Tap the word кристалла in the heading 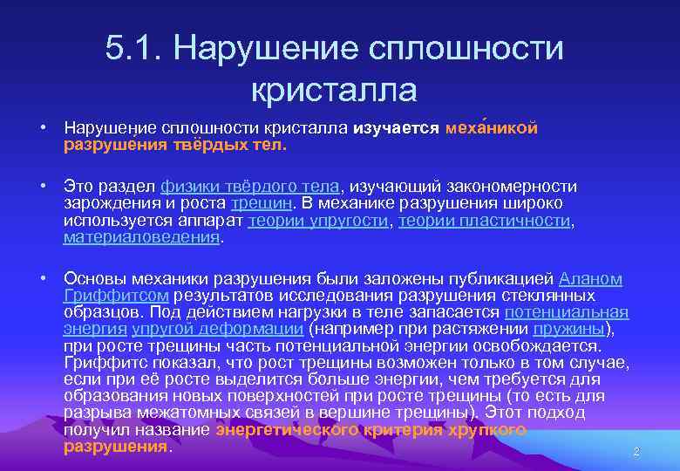point(335,89)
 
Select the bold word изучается point(396,129)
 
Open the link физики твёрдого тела point(251,187)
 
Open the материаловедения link point(142,236)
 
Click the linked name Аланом point(590,279)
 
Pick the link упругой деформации point(217,328)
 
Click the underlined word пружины point(568,328)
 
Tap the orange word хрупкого point(486,430)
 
